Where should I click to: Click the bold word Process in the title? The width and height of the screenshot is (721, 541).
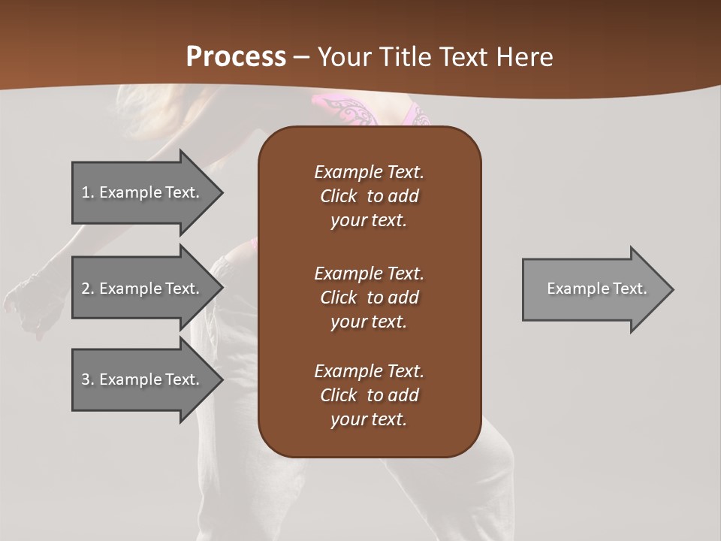click(x=236, y=57)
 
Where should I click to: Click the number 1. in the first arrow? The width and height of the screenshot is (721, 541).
click(x=88, y=192)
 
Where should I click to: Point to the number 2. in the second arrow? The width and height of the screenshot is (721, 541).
click(x=88, y=289)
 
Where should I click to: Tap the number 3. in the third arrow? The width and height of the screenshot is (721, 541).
click(x=88, y=379)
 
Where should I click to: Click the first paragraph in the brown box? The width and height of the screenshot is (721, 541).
click(x=369, y=196)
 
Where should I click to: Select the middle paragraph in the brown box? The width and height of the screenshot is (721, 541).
click(x=369, y=298)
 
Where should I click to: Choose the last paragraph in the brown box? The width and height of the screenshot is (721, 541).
click(x=369, y=395)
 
